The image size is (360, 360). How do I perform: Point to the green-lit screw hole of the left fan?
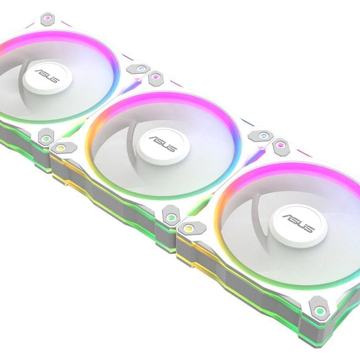[x=46, y=138]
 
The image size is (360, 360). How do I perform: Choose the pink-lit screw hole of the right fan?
[x=278, y=146]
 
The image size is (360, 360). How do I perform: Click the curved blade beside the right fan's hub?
[x=264, y=198]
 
